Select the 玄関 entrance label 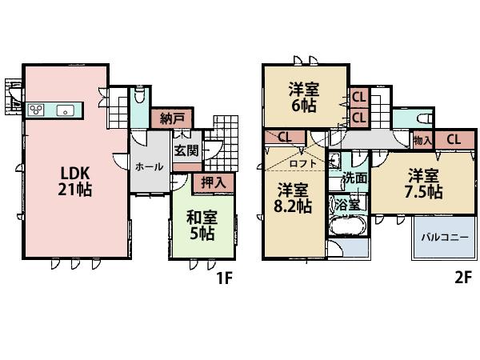click(186, 150)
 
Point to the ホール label click(150, 167)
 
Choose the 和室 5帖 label click(201, 225)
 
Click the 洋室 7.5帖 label click(422, 183)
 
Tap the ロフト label click(302, 164)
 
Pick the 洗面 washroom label click(355, 178)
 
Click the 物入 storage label click(422, 140)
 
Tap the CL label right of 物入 click(454, 140)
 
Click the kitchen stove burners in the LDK click(37, 110)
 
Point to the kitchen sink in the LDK click(65, 110)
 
